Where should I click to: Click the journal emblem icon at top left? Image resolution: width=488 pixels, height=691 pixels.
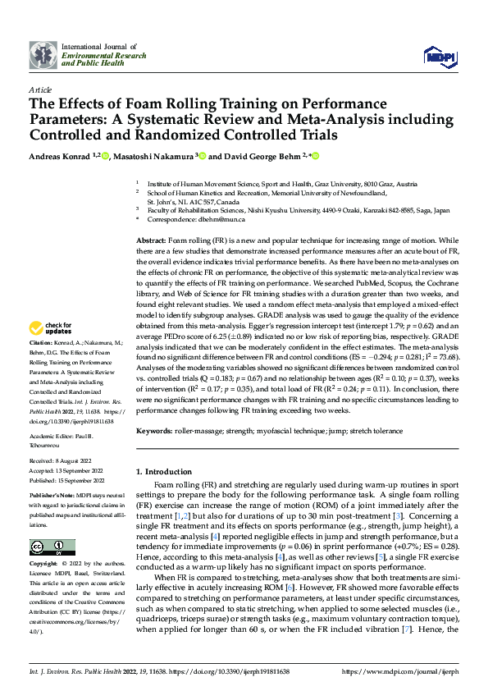point(44,55)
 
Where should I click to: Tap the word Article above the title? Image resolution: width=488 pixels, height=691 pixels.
point(40,89)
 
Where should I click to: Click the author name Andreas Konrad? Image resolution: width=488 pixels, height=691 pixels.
point(60,156)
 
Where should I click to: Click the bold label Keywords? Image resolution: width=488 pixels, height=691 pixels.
point(156,430)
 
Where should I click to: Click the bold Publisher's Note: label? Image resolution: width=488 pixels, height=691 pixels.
point(52,495)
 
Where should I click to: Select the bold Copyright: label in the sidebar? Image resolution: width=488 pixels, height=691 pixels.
point(43,565)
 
